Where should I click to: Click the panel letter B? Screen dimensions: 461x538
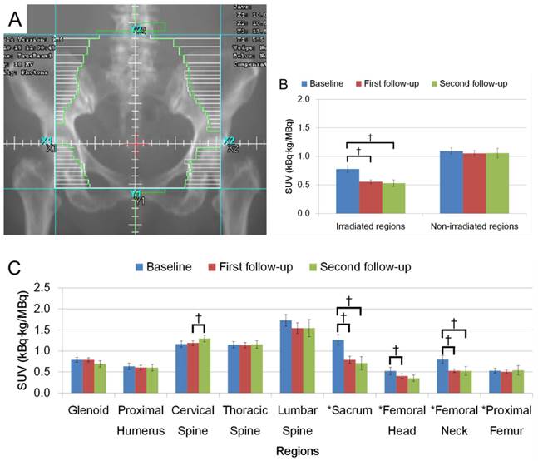[284, 86]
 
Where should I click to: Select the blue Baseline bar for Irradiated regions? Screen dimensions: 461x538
[347, 191]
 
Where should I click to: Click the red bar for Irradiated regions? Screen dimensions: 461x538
[370, 197]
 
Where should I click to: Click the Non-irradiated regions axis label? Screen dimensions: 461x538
[473, 226]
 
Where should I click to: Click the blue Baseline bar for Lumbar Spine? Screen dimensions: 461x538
[286, 356]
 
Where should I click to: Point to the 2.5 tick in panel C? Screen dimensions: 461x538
[52, 288]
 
